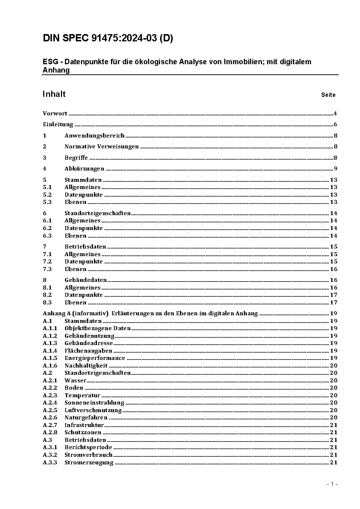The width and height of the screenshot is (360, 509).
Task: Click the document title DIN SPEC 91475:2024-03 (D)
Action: point(108,38)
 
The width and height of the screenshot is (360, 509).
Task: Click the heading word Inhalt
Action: point(54,94)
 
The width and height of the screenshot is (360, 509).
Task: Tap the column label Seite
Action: point(328,95)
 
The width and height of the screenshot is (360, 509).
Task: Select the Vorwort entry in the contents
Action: point(55,114)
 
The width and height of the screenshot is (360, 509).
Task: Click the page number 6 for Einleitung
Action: point(335,125)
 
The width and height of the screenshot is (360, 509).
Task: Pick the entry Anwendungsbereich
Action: point(94,136)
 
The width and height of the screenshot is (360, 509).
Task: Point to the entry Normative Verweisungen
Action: point(102,147)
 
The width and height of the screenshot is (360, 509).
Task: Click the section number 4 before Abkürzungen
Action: point(45,169)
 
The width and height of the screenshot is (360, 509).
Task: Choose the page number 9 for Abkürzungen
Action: point(335,169)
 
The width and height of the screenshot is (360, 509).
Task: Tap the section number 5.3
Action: point(47,202)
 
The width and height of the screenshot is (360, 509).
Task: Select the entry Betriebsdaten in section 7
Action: point(85,247)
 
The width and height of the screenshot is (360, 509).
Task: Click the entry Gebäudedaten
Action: point(86,280)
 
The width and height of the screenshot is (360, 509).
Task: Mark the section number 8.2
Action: point(47,295)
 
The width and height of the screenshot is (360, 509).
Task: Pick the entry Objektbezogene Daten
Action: point(97,328)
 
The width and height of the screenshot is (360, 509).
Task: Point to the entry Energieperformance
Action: point(95,358)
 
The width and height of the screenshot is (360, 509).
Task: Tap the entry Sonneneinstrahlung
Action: point(94,403)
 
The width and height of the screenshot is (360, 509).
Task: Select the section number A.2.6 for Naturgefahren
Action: point(50,418)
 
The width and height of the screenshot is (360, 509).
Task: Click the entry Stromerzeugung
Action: point(89,463)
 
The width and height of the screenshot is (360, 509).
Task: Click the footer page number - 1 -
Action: point(332,484)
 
